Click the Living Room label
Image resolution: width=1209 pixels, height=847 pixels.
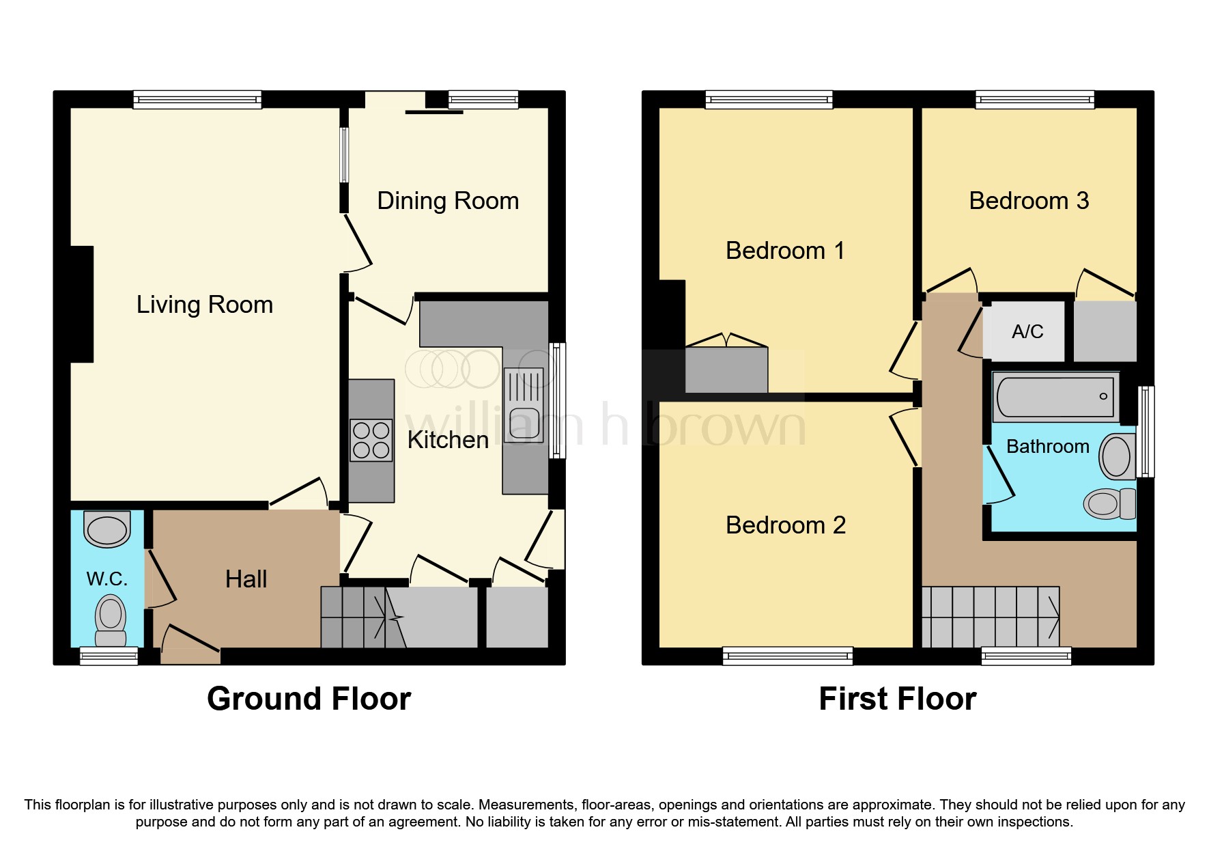pos(204,305)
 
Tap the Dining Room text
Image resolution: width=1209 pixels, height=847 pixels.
pos(448,201)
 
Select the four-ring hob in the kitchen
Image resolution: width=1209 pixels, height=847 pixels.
pos(371,441)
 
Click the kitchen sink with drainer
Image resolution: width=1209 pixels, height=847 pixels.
pos(524,405)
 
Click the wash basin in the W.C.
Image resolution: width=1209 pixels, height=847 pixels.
pos(107,529)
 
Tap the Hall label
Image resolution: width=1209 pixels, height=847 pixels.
pos(246,579)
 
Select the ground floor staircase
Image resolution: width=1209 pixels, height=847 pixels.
pos(362,617)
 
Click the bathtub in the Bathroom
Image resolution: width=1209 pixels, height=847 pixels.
pos(1055,396)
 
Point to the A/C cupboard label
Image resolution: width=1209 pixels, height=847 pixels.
pos(1027,332)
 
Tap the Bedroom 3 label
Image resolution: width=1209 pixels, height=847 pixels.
pos(1029,201)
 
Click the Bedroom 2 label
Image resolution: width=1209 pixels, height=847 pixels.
pos(786,525)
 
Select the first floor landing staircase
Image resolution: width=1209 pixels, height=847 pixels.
pos(990,617)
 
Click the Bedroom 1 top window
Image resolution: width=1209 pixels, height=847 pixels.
pos(769,100)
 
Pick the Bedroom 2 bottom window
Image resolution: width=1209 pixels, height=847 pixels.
pos(787,656)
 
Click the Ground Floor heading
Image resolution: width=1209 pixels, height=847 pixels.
pos(309,699)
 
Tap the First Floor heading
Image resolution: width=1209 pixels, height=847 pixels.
pos(897,699)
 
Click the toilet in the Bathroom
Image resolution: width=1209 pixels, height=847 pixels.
pos(1109,504)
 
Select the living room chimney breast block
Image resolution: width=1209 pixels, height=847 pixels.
pos(82,304)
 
